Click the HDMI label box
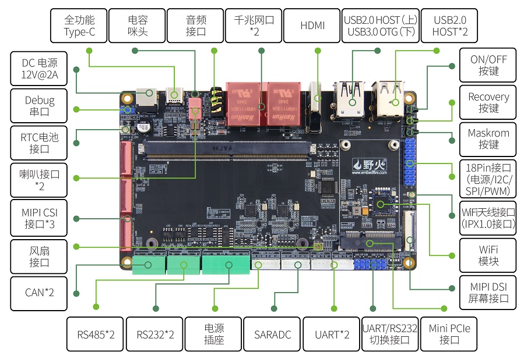click(x=312, y=26)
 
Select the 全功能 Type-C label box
click(x=79, y=26)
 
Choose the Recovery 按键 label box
click(x=488, y=102)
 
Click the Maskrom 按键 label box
click(x=488, y=138)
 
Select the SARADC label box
click(x=272, y=334)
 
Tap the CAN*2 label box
click(x=40, y=293)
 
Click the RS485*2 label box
click(x=96, y=334)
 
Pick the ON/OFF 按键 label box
click(x=488, y=65)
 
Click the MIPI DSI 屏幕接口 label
click(x=488, y=293)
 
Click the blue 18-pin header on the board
click(x=410, y=160)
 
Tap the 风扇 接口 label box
click(x=40, y=256)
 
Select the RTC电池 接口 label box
click(x=40, y=143)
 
